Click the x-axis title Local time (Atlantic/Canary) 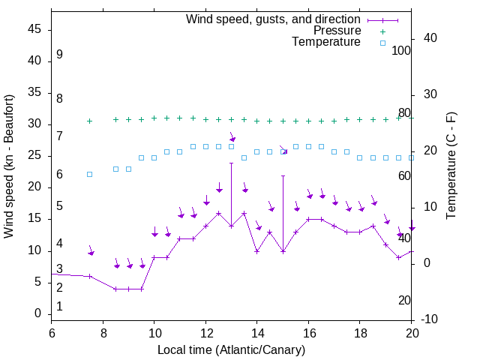[x=231, y=350]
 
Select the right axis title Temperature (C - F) [x=451, y=166]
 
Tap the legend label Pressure [x=337, y=31]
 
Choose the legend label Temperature [x=326, y=42]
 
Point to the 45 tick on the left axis [x=34, y=29]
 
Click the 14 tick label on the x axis [x=256, y=333]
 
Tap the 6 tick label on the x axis [x=51, y=333]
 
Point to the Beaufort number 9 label [x=59, y=55]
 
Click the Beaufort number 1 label [x=59, y=307]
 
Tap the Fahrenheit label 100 [x=401, y=51]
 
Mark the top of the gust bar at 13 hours [x=231, y=163]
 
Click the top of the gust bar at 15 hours [x=283, y=175]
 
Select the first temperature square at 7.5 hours [x=90, y=174]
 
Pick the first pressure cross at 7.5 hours [x=90, y=121]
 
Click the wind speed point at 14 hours [x=256, y=251]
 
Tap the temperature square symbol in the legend [x=382, y=43]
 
